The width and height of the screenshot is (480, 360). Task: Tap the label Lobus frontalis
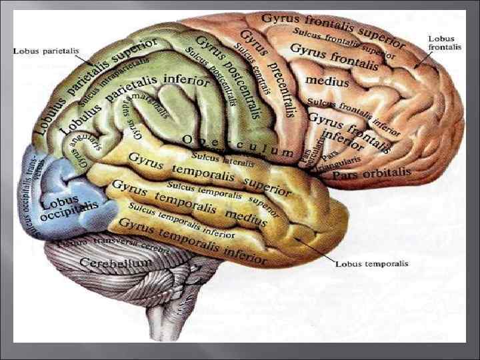445,43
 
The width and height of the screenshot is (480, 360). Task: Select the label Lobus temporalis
371,264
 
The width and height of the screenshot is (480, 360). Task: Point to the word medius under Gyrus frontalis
327,81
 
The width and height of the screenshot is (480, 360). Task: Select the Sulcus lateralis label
223,160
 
